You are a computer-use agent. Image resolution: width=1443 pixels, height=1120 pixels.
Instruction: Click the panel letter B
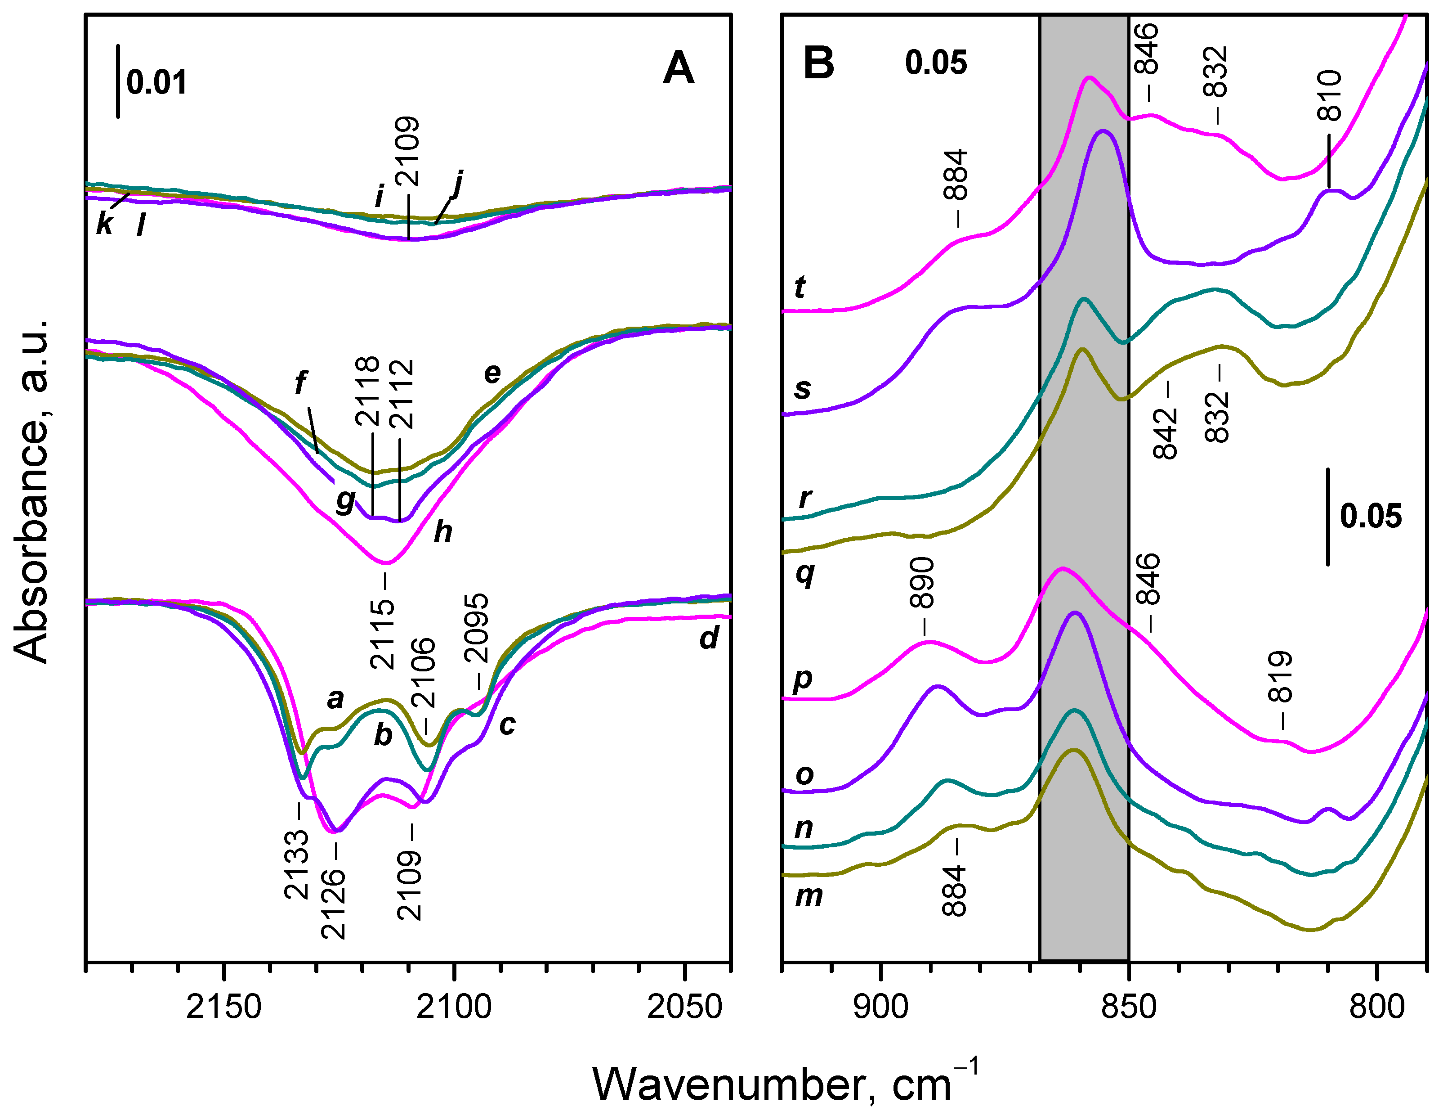click(818, 64)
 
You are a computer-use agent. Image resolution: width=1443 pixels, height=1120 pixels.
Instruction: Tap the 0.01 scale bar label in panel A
click(156, 83)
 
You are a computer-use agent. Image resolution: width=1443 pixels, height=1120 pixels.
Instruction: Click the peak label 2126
click(333, 903)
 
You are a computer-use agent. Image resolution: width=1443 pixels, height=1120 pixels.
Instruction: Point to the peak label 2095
click(476, 627)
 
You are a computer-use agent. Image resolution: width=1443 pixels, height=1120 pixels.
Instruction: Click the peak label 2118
click(367, 391)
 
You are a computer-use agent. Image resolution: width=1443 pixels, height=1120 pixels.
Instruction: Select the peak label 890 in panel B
click(922, 582)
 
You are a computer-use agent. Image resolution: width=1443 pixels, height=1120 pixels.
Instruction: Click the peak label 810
click(1329, 96)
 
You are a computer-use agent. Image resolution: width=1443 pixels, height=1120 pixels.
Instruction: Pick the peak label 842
click(1166, 433)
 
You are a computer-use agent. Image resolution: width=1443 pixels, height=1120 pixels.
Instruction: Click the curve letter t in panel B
click(800, 287)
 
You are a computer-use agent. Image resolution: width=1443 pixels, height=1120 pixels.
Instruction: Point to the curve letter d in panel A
click(709, 638)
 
